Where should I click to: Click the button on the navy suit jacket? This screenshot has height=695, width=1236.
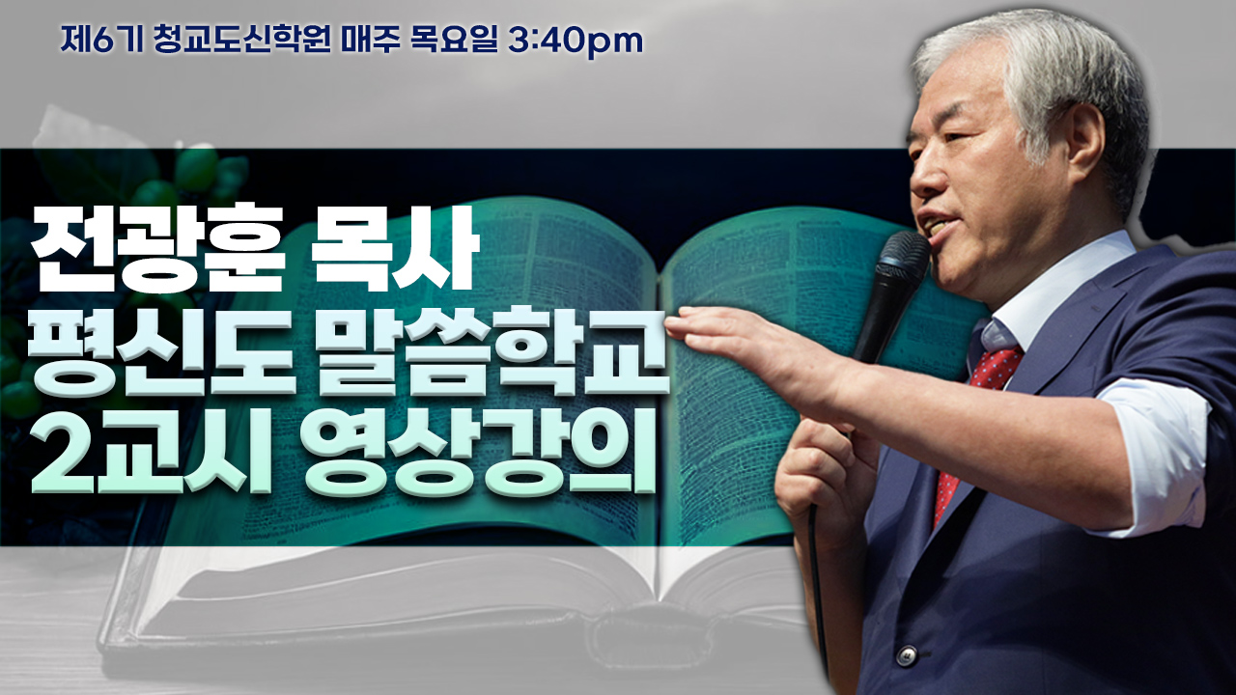coord(906,654)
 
